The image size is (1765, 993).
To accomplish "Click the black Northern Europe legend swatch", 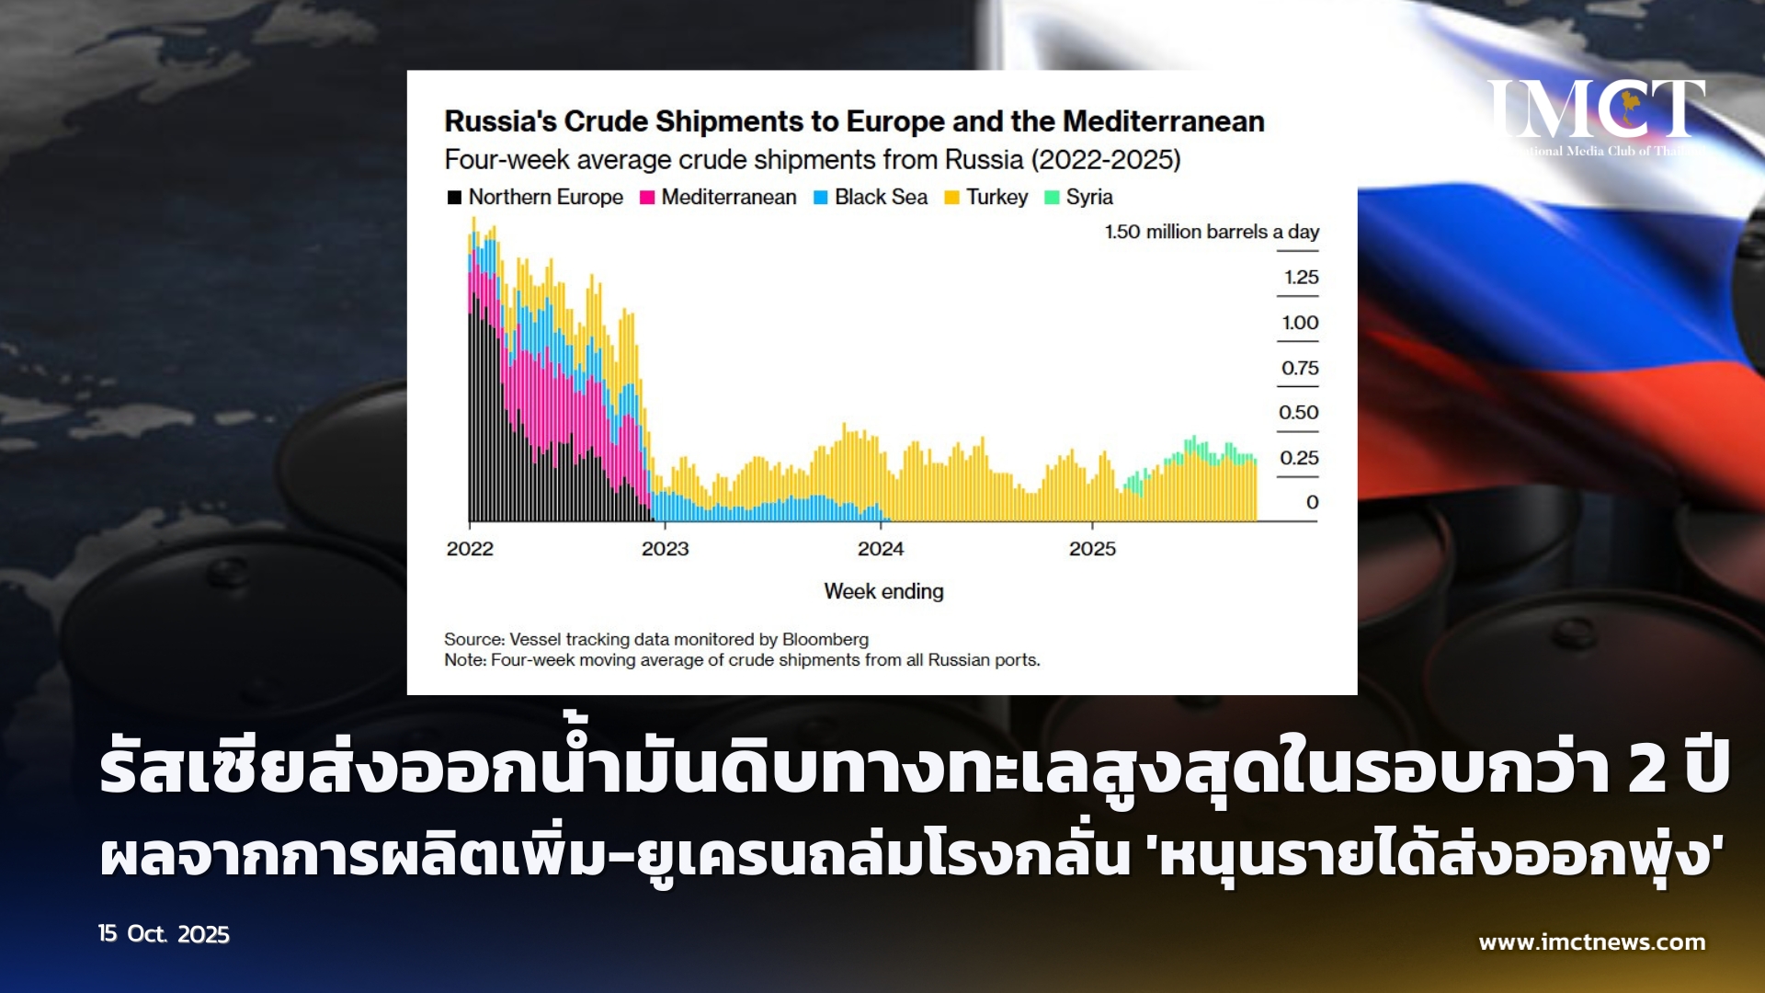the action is click(x=454, y=198).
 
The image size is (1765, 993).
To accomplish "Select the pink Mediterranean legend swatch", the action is click(x=647, y=198).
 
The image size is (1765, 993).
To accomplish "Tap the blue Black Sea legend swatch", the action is click(x=821, y=198).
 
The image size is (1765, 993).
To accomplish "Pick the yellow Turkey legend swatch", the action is click(x=952, y=198).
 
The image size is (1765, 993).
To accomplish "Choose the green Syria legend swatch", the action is click(x=1053, y=198).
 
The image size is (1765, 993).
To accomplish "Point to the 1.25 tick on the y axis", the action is click(x=1301, y=277).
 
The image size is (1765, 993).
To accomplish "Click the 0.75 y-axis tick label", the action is click(x=1300, y=368).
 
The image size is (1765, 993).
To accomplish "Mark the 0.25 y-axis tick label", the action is click(x=1299, y=458).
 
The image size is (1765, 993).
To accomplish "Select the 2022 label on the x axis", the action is click(x=470, y=549).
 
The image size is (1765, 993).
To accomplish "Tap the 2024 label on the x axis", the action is click(x=881, y=549).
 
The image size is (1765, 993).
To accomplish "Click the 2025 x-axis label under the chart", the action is click(x=1092, y=549).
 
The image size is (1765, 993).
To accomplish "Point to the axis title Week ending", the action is click(x=883, y=591).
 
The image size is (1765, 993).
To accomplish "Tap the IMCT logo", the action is click(x=1597, y=116).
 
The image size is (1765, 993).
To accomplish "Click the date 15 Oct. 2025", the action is click(x=164, y=934).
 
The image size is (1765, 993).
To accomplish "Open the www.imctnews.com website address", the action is click(x=1592, y=942).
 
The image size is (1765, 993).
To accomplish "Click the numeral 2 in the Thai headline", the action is click(x=1647, y=768).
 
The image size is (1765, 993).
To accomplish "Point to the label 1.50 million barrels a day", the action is click(x=1212, y=232).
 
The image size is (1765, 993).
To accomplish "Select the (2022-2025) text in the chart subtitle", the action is click(x=1106, y=160).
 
